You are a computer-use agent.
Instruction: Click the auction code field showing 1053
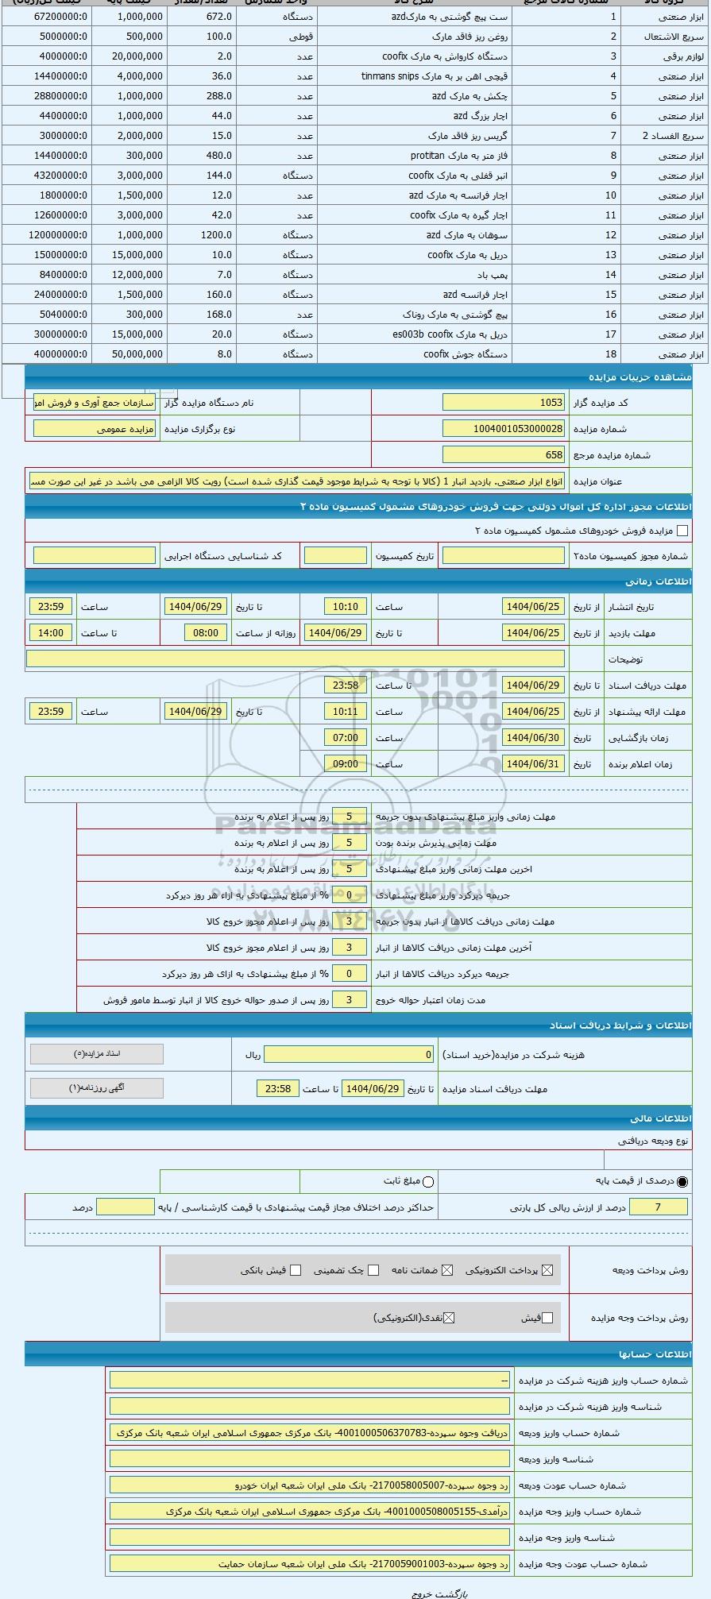503,403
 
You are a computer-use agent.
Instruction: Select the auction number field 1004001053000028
503,429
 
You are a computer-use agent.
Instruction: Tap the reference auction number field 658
503,455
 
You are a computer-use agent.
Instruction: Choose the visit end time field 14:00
50,633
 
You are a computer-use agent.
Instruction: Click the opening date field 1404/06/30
532,738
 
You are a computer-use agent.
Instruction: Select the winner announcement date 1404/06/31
532,764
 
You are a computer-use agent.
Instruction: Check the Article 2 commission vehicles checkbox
682,531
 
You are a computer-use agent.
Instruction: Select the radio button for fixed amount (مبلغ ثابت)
428,1181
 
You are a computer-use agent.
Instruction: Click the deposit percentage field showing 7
657,1207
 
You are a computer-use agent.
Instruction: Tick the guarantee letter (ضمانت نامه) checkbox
447,1270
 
